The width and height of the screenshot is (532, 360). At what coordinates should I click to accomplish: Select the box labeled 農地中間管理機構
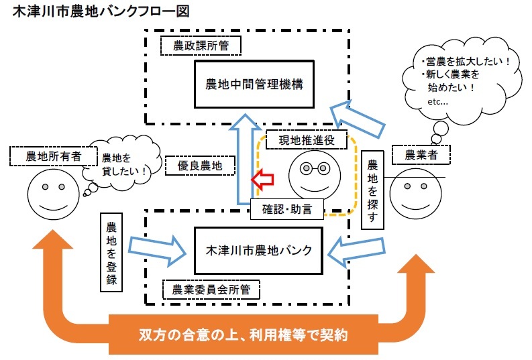[x=254, y=84]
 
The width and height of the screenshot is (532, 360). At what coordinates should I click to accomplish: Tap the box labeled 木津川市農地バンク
[x=258, y=251]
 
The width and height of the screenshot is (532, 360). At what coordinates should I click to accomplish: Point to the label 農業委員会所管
[x=212, y=289]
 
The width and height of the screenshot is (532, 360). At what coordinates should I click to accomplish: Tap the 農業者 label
[x=420, y=155]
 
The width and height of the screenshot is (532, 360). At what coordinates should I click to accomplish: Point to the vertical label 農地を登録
[x=111, y=252]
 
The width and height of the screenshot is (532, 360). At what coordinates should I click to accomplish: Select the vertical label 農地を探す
[x=373, y=190]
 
